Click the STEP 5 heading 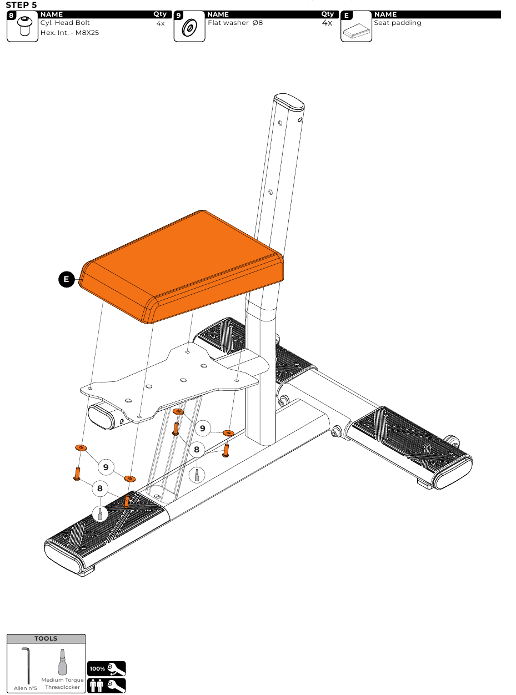pos(21,4)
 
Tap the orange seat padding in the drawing pos(181,266)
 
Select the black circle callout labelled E pos(67,279)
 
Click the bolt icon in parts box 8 pos(24,26)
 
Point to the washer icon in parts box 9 pos(189,28)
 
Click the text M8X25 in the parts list pos(87,33)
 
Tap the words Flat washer pos(228,23)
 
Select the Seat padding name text pos(398,23)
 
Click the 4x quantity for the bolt pos(161,23)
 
